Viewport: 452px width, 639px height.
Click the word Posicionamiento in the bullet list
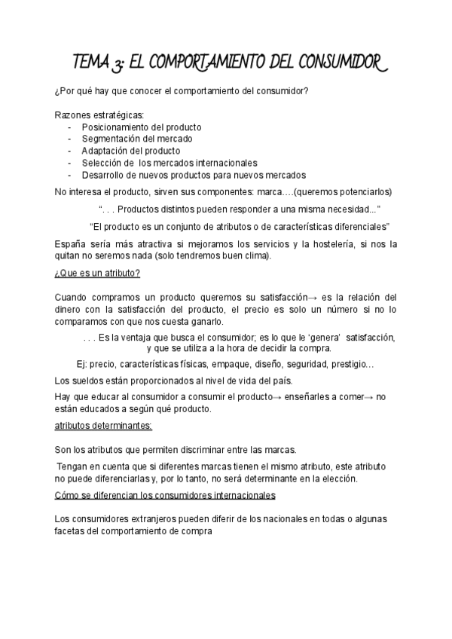click(115, 127)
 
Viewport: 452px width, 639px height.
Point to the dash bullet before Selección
click(69, 163)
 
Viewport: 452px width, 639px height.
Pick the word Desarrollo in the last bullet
click(105, 175)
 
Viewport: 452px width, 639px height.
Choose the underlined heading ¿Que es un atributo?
click(98, 272)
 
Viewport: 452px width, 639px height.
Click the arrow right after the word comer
click(370, 396)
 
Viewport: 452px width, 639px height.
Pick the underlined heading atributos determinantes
click(103, 426)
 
